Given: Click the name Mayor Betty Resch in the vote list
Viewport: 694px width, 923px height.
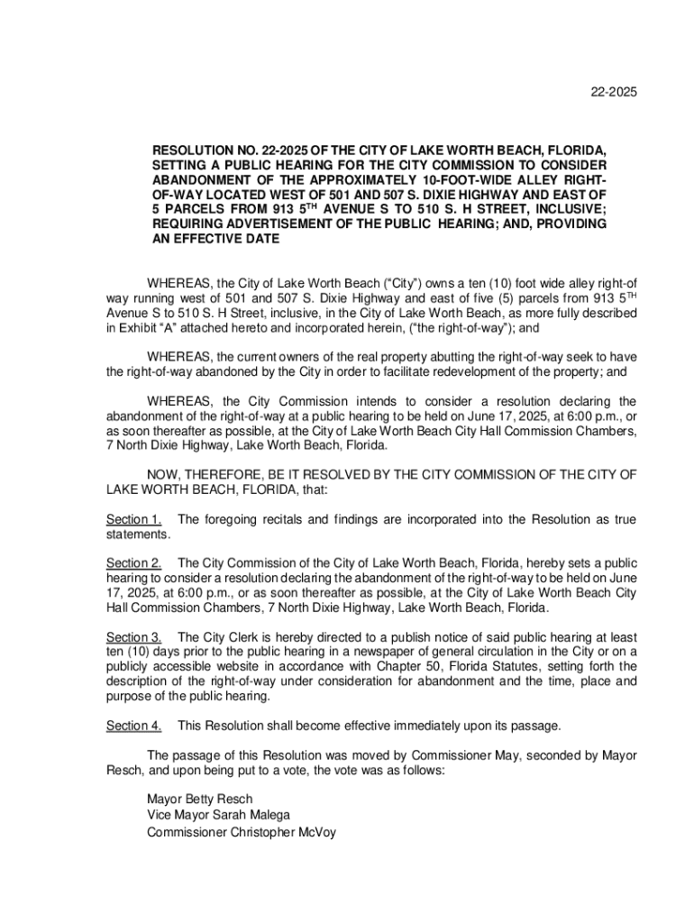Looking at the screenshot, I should (x=200, y=800).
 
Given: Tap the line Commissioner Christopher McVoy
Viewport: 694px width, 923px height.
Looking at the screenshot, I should (x=242, y=833).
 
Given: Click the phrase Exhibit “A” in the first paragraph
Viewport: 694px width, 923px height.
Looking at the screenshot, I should (x=150, y=328).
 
